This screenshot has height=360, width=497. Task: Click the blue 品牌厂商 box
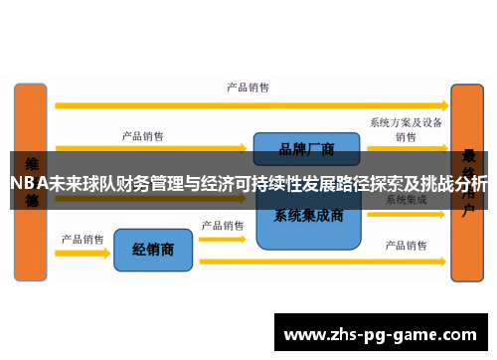305,149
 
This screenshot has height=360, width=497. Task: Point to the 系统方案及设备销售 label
406,129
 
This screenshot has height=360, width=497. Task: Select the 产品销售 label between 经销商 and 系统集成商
223,225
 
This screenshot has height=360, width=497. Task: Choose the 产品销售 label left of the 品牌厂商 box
143,135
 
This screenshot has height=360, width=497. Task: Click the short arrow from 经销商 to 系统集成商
223,239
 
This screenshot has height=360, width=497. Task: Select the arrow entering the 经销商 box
83,253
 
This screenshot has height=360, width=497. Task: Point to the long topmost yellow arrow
249,103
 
